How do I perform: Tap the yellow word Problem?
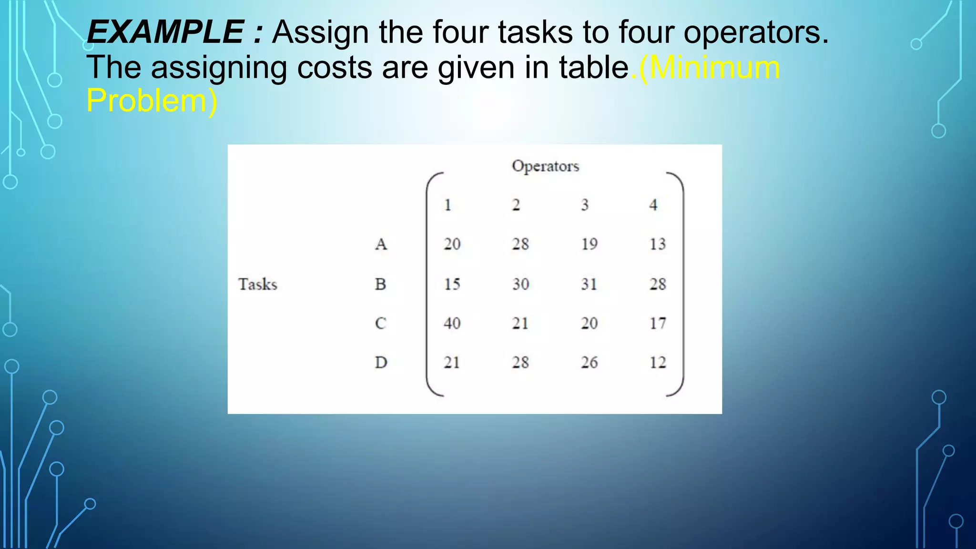[x=146, y=101]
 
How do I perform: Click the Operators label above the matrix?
[x=545, y=166]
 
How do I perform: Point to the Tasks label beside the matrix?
[x=257, y=284]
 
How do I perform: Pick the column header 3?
[x=585, y=205]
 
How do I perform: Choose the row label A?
[x=381, y=244]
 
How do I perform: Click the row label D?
[x=381, y=362]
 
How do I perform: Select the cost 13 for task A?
[x=658, y=244]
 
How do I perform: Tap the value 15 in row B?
[x=452, y=284]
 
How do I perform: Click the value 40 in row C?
[x=452, y=323]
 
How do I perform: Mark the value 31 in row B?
[x=589, y=284]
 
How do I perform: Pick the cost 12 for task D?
[x=658, y=362]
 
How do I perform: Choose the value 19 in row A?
[x=589, y=244]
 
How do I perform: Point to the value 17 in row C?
[x=658, y=323]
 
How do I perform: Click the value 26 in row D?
[x=589, y=362]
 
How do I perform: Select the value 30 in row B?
[x=520, y=284]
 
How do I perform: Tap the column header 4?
[x=653, y=205]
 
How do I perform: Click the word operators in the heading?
[x=755, y=32]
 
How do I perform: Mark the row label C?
[x=380, y=323]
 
